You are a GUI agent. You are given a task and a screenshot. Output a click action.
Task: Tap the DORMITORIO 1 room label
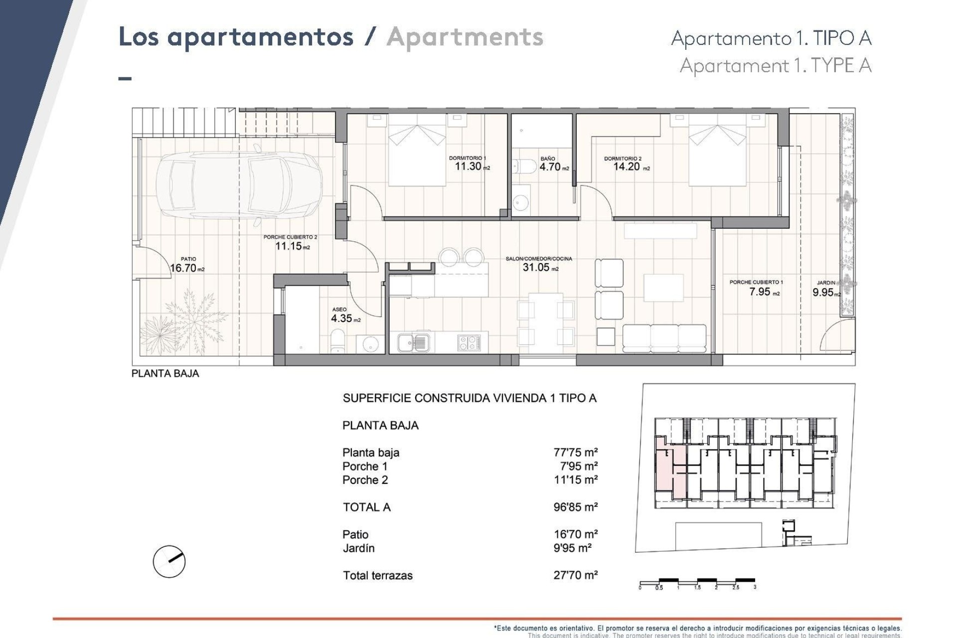click(x=467, y=158)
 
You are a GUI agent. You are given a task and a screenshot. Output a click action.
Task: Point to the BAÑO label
click(x=547, y=159)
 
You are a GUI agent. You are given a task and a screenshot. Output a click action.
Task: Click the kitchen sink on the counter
click(x=413, y=342)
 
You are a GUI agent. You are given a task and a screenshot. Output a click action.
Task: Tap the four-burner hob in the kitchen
click(x=469, y=342)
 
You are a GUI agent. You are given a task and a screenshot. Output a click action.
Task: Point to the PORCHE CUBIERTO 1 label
click(x=756, y=282)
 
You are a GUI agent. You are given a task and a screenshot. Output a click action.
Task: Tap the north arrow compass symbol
click(x=169, y=562)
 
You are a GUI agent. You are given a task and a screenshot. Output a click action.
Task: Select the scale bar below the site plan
click(x=697, y=582)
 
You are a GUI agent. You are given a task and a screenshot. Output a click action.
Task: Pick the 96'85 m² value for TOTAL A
click(x=575, y=507)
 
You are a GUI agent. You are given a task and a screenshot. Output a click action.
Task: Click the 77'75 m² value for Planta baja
click(x=575, y=453)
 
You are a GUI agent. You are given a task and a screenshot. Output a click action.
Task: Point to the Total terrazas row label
click(x=377, y=576)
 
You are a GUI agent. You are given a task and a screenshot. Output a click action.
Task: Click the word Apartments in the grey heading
click(x=465, y=38)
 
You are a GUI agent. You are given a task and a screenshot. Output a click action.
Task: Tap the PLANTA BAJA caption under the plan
click(x=165, y=374)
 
